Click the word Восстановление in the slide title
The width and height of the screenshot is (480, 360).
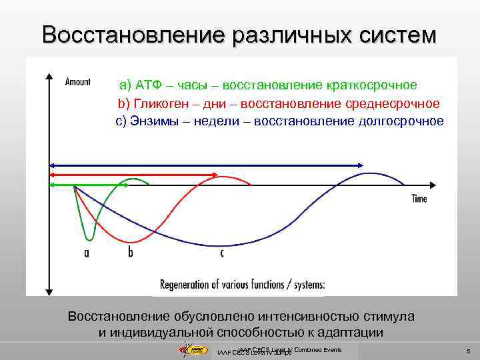(133, 34)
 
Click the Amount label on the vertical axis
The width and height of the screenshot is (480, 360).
(78, 81)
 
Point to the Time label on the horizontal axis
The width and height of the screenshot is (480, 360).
(419, 199)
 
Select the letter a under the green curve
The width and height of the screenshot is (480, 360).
(87, 253)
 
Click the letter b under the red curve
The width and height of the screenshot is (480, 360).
(130, 253)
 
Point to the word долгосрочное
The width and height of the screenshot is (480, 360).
(401, 121)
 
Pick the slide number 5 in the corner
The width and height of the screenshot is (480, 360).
(469, 351)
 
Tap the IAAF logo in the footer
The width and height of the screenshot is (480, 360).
(196, 350)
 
